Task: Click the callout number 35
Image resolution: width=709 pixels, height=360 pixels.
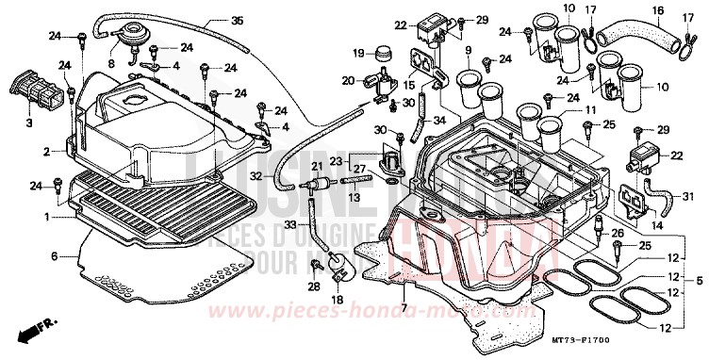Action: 237,21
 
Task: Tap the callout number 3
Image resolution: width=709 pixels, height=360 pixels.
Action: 29,123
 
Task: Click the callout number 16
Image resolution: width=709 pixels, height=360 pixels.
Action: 658,11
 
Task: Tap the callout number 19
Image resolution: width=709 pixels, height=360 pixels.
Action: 359,52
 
